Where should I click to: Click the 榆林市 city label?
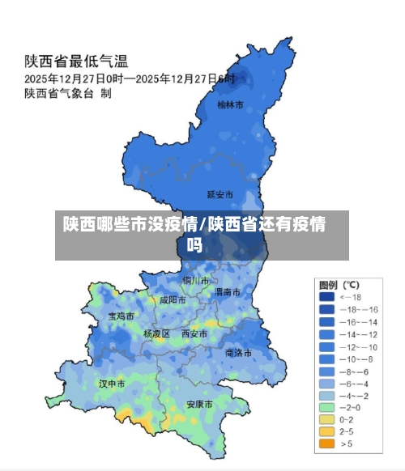pos(231,104)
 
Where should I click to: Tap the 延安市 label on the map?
pos(220,194)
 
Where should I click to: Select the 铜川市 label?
pos(196,280)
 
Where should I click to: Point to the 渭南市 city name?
pos(227,291)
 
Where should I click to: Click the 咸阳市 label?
pos(173,299)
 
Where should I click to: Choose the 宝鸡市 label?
pos(121,316)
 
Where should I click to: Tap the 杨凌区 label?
pos(156,333)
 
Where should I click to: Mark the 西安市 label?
pos(194,333)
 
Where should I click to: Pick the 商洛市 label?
pos(238,353)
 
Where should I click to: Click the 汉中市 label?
pos(112,383)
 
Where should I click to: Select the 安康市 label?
pos(199,404)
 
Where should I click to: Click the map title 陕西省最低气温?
pos(78,61)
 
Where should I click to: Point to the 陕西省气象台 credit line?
pos(67,94)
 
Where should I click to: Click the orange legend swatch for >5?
pos(326,443)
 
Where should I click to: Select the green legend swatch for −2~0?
pos(326,407)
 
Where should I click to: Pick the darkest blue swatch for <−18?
pos(326,297)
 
